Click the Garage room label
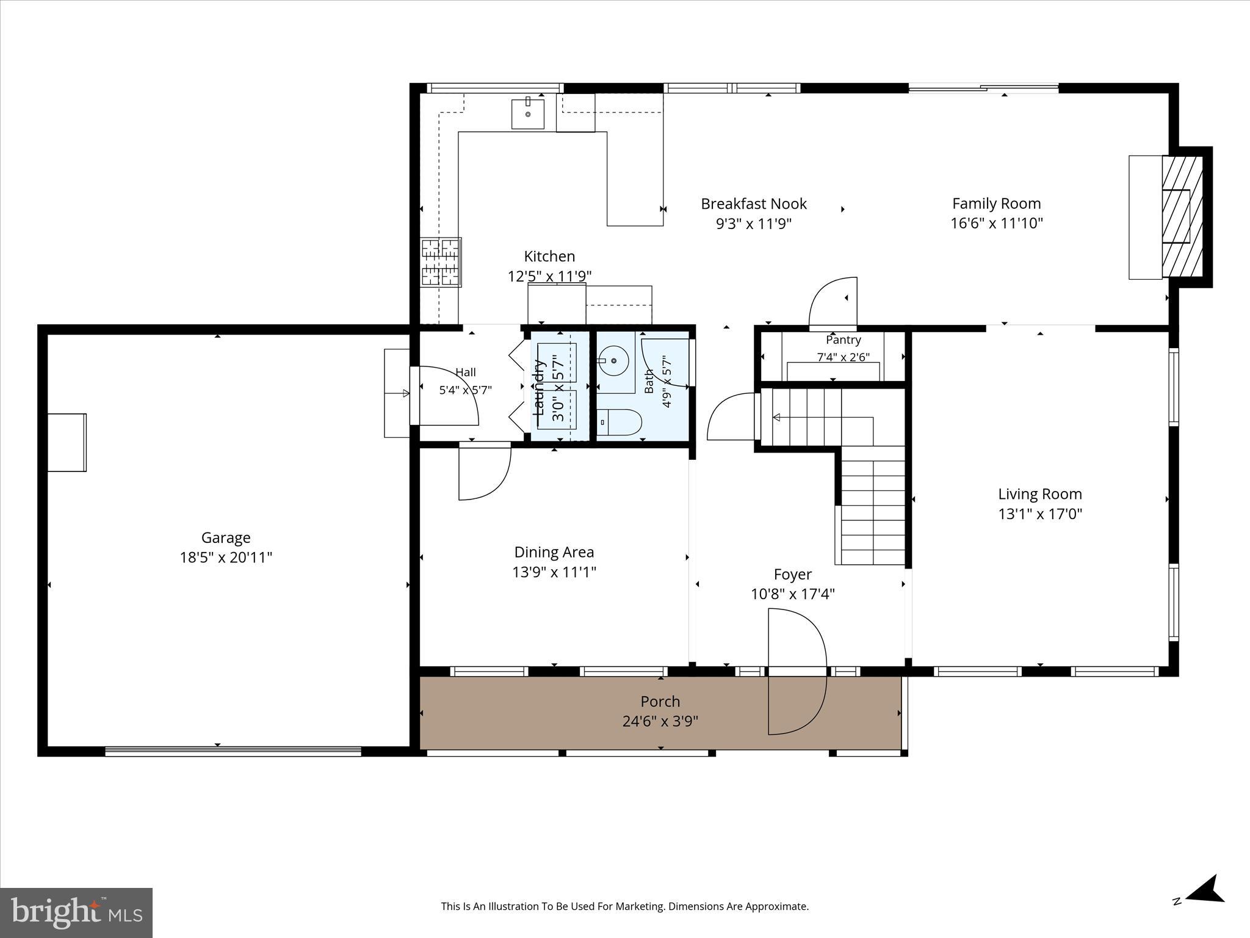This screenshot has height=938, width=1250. coord(226,538)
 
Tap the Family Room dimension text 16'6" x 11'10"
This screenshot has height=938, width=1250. coord(996,224)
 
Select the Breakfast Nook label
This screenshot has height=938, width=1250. coord(754,204)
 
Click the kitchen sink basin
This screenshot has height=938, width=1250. coord(527,114)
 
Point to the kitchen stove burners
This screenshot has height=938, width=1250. coord(441,262)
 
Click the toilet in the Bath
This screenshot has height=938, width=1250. coord(620,422)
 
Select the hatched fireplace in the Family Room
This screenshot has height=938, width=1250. coord(1182,217)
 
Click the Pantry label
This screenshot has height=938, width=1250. coord(844,340)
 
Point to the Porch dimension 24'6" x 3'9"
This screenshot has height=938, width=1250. coord(660,722)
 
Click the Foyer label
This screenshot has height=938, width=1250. coord(793,575)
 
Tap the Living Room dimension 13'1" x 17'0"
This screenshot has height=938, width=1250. coord(1040,514)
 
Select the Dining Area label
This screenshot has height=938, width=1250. coord(554,553)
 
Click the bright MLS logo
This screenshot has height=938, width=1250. coord(76,912)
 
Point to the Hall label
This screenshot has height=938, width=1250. coord(466,373)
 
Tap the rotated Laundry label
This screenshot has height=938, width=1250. coord(539,387)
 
